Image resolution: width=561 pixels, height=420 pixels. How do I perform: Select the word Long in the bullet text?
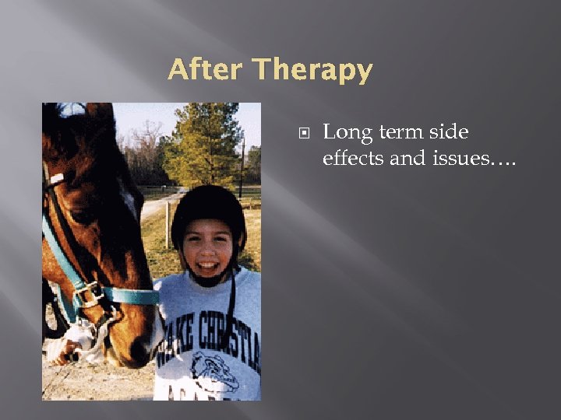click(348, 134)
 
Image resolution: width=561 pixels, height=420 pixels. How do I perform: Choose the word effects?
click(355, 158)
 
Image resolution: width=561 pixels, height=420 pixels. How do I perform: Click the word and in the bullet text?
click(407, 158)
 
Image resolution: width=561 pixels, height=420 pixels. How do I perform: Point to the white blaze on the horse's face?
click(129, 199)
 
